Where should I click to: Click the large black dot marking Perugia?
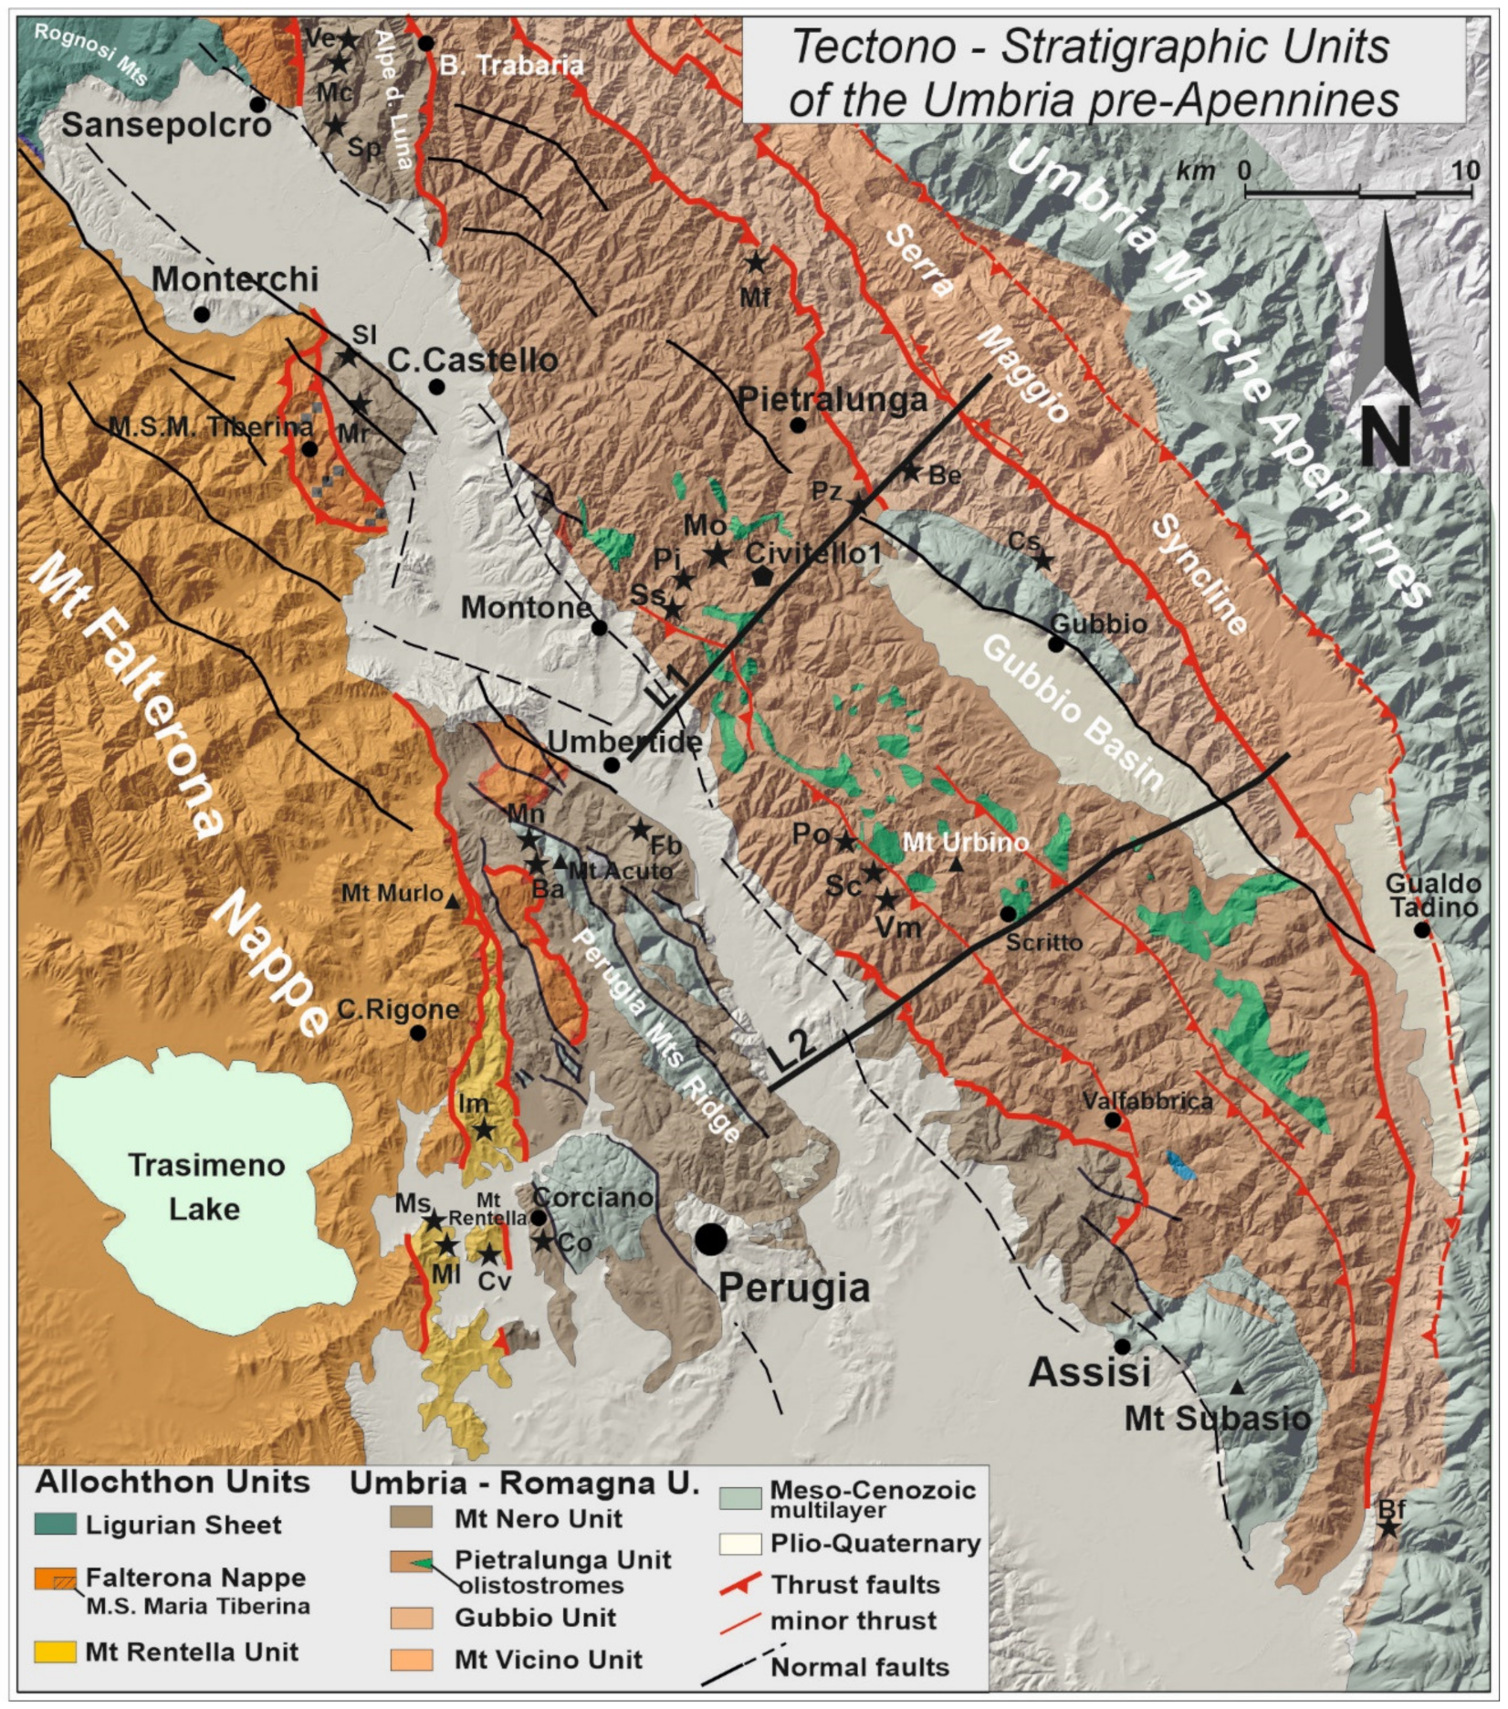pos(711,1239)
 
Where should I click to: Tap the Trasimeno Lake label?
pos(205,1187)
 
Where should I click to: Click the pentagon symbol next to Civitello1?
pos(763,576)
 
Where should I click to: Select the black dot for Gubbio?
pos(1056,644)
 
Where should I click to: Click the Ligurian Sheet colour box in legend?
pos(55,1524)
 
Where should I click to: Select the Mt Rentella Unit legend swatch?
pos(55,1651)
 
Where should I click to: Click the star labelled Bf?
pos(1388,1527)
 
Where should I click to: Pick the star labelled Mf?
pos(756,263)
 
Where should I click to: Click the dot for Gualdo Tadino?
pos(1421,930)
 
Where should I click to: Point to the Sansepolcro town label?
pos(167,125)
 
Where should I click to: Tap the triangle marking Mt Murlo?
pos(452,902)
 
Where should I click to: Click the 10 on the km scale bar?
pos(1466,171)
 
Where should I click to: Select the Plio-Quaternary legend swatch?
pos(739,1544)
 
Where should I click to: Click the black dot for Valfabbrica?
pos(1113,1120)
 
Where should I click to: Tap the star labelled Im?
pos(484,1130)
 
